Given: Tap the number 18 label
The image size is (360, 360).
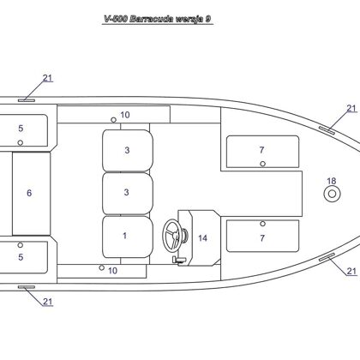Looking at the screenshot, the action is (332, 181).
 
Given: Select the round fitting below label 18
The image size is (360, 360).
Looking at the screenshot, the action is (332, 194).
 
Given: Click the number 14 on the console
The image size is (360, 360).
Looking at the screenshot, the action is (202, 238).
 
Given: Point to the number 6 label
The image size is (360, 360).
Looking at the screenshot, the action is (29, 193).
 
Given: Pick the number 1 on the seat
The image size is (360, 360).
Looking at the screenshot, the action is (124, 236).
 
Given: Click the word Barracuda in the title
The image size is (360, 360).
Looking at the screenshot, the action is (152, 19).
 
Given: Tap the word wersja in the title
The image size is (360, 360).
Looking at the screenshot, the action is (189, 20).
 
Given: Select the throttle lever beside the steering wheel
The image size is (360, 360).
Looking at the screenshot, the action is (179, 261).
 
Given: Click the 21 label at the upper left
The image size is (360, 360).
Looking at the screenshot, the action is (48, 78).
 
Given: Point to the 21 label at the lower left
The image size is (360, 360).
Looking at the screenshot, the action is (48, 302).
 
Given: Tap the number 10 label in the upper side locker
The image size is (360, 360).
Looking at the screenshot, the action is (125, 115).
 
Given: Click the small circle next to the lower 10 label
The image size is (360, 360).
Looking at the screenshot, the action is (101, 267).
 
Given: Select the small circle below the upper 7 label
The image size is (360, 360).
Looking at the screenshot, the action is (263, 164).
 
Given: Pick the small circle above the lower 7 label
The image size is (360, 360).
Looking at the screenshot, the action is (263, 224).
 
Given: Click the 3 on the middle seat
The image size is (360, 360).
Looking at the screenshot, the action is (127, 192).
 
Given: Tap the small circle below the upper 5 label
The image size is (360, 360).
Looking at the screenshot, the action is (21, 142).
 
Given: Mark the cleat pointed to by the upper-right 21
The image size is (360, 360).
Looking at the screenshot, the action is (327, 130).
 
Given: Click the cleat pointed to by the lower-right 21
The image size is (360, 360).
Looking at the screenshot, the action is (327, 257).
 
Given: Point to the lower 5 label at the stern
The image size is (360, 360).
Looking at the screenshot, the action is (21, 257).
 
